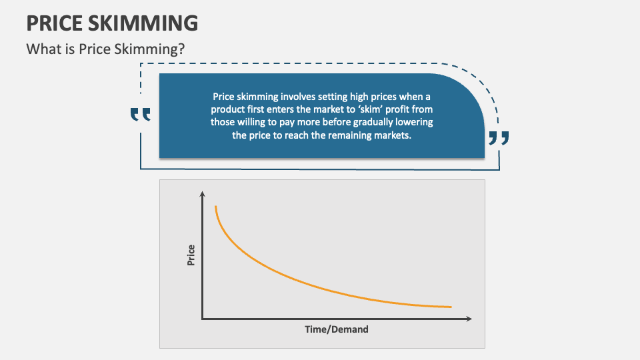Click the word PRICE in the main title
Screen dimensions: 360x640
55,23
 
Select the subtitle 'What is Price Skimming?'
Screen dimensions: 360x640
105,49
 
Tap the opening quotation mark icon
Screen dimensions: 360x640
141,115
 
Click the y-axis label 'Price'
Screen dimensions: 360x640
191,256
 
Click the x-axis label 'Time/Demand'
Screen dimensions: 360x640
337,329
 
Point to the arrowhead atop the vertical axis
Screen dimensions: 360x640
202,194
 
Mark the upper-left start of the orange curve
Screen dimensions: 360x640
215,207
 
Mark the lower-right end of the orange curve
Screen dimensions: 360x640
451,307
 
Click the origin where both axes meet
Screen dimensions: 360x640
202,319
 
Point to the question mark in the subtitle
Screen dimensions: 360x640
181,49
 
